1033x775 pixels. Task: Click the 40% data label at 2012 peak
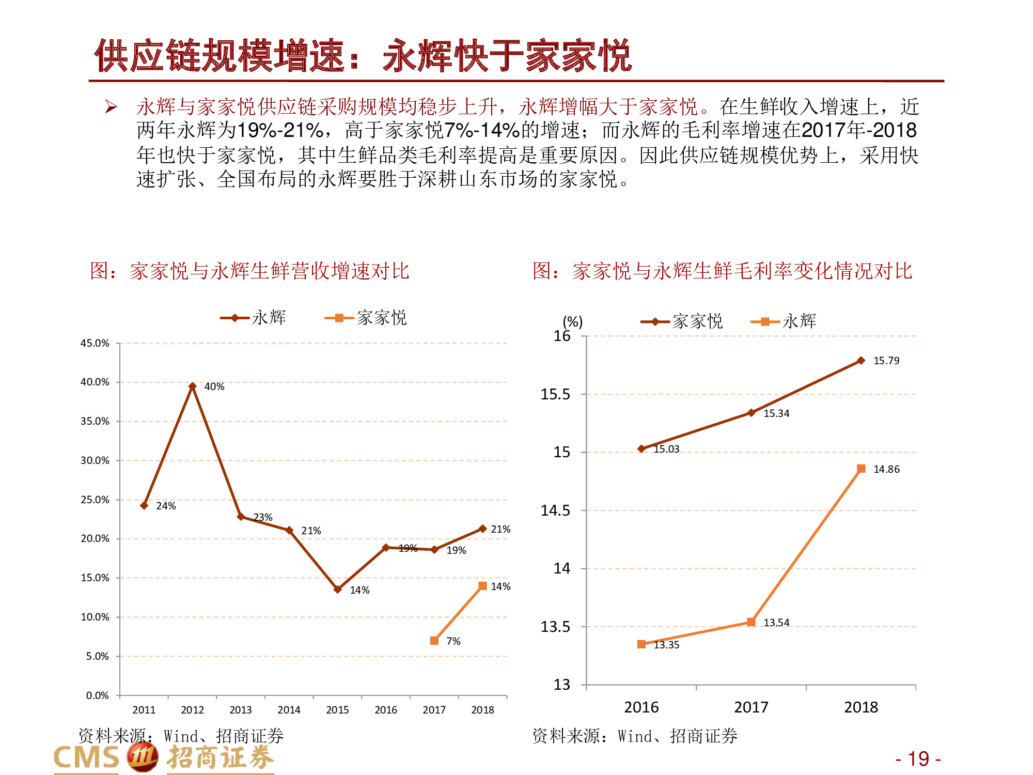[x=214, y=386]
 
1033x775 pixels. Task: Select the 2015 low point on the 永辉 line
[x=337, y=589]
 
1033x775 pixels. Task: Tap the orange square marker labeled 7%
[x=434, y=641]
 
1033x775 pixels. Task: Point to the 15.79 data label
[x=886, y=361]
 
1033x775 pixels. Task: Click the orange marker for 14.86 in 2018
[x=861, y=469]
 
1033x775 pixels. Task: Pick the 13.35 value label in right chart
[x=666, y=645]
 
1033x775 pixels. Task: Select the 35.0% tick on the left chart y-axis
[x=95, y=421]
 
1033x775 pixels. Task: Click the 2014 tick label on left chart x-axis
[x=289, y=710]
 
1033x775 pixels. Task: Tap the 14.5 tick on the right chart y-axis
[x=555, y=510]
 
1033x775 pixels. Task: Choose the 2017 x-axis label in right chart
[x=751, y=707]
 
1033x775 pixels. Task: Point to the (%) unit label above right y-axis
[x=572, y=321]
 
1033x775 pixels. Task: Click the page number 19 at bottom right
[x=918, y=759]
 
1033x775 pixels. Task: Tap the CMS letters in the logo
[x=87, y=758]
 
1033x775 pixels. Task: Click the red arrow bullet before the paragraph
[x=111, y=107]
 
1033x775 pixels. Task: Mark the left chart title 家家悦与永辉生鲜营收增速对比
[x=250, y=271]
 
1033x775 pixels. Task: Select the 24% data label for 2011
[x=166, y=506]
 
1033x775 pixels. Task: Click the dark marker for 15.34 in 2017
[x=752, y=413]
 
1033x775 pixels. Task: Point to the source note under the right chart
[x=635, y=736]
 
